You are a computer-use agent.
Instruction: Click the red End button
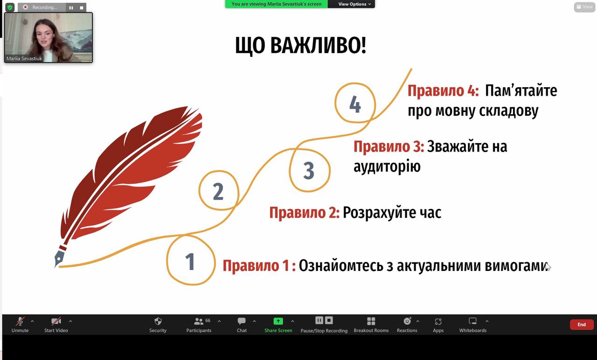[582, 325]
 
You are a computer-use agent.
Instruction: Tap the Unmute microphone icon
[20, 321]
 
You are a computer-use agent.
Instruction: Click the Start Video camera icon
[56, 321]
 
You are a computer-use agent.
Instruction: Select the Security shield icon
[158, 321]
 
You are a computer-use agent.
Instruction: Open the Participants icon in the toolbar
[199, 321]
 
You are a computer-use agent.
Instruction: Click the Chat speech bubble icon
[242, 321]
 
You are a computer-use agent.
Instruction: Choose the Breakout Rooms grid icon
[371, 321]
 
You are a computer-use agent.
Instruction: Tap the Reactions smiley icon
[407, 321]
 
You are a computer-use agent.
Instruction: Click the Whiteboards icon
[472, 321]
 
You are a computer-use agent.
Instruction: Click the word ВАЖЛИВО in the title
[318, 46]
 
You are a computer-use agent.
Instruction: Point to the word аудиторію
[387, 166]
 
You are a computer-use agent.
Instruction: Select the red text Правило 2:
[305, 213]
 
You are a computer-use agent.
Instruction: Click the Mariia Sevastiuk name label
[24, 59]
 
